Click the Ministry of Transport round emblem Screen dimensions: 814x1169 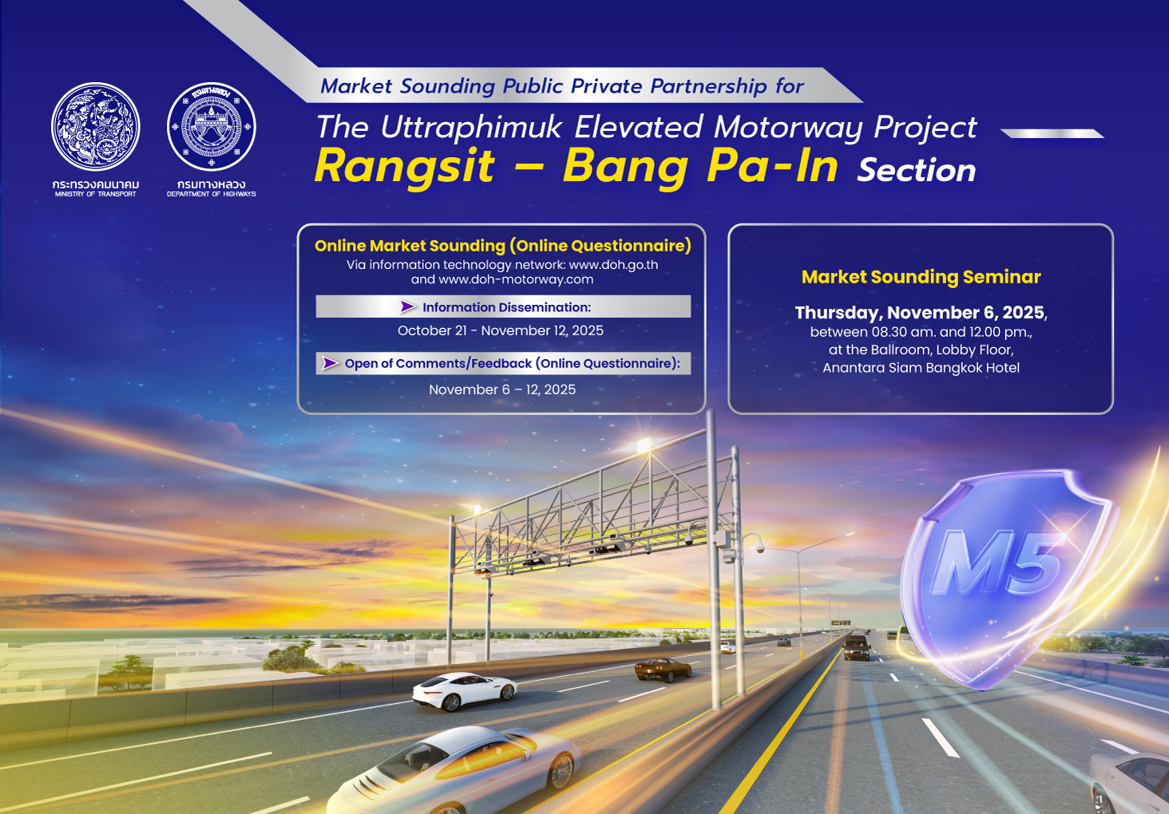[96, 127]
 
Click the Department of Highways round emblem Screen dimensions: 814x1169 [212, 127]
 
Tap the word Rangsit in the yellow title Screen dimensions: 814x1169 [404, 166]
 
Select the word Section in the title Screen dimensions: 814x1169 [916, 170]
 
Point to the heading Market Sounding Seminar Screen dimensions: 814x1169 [921, 277]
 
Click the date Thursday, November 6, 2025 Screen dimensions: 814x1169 [919, 312]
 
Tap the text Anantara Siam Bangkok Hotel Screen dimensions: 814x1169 [921, 368]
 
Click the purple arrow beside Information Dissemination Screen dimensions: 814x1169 [408, 307]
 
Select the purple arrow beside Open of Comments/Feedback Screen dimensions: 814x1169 [330, 364]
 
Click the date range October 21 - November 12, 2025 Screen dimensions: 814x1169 [501, 330]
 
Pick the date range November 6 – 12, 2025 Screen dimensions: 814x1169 [502, 389]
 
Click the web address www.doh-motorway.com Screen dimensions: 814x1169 [516, 279]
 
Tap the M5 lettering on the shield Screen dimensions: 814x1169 [998, 563]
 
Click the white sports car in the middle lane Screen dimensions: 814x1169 [463, 690]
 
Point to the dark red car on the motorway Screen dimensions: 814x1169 [663, 669]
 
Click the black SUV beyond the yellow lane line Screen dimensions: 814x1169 [857, 647]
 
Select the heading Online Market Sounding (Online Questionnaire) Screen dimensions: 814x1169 [502, 246]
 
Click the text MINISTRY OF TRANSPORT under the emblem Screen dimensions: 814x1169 [96, 194]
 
